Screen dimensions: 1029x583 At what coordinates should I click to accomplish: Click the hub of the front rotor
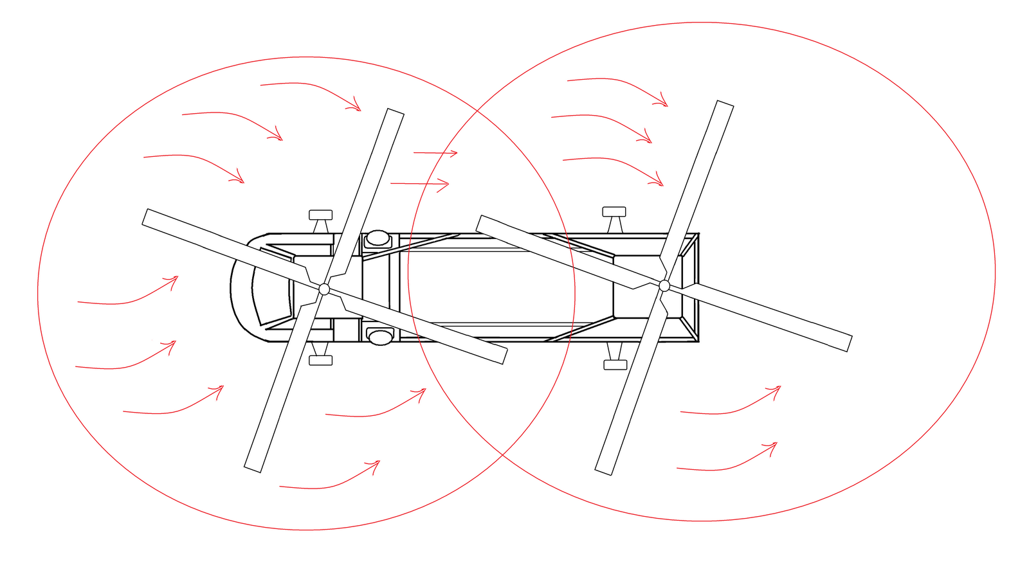pyautogui.click(x=324, y=289)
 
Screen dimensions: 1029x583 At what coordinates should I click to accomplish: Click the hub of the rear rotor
pyautogui.click(x=664, y=285)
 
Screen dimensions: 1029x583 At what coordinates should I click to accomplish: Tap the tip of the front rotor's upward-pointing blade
pyautogui.click(x=396, y=112)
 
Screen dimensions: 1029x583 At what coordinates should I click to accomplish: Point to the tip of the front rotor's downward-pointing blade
pyautogui.click(x=253, y=469)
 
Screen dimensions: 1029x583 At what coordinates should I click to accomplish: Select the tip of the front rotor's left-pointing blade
pyautogui.click(x=145, y=217)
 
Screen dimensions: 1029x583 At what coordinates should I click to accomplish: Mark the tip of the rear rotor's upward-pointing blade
pyautogui.click(x=725, y=104)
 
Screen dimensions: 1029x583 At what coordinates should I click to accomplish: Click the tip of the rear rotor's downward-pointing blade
pyautogui.click(x=603, y=471)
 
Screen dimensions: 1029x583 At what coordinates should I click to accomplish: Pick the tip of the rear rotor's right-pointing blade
pyautogui.click(x=848, y=343)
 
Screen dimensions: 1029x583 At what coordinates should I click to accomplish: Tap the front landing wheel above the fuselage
pyautogui.click(x=320, y=215)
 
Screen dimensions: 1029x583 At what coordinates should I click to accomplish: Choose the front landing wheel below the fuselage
pyautogui.click(x=320, y=361)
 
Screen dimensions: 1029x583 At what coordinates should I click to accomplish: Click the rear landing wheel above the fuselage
pyautogui.click(x=614, y=211)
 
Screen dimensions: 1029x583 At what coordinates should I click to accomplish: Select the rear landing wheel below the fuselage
pyautogui.click(x=615, y=364)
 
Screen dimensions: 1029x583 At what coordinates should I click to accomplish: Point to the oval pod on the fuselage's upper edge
pyautogui.click(x=378, y=239)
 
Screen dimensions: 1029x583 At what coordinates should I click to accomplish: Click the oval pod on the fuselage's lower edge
pyautogui.click(x=380, y=336)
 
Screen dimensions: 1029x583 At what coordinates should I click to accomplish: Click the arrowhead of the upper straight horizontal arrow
pyautogui.click(x=456, y=153)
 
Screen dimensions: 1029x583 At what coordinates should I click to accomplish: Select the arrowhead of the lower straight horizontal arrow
pyautogui.click(x=448, y=184)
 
